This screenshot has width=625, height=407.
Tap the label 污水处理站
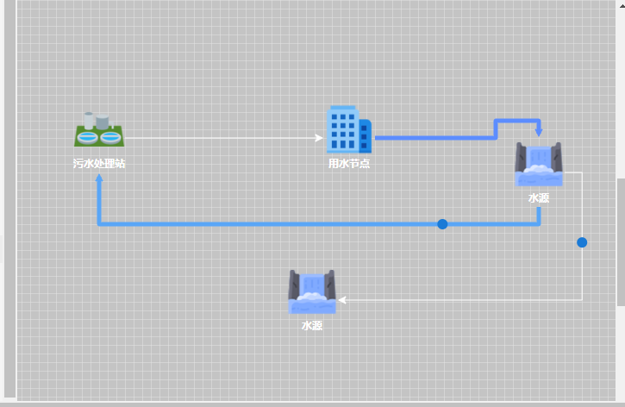pyautogui.click(x=98, y=163)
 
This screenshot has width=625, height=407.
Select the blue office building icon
pyautogui.click(x=347, y=129)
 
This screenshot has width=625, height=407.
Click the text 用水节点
pyautogui.click(x=348, y=163)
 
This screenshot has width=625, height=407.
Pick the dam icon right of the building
pyautogui.click(x=539, y=164)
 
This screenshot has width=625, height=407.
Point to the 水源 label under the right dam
pyautogui.click(x=539, y=197)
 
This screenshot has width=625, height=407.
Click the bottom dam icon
pyautogui.click(x=311, y=292)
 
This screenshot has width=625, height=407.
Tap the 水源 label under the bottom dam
pyautogui.click(x=311, y=326)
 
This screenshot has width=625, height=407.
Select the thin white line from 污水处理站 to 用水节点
pyautogui.click(x=216, y=137)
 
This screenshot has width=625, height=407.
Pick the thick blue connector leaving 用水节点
pyautogui.click(x=431, y=137)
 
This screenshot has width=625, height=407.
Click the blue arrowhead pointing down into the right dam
pyautogui.click(x=539, y=132)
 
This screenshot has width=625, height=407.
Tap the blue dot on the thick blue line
pyautogui.click(x=442, y=224)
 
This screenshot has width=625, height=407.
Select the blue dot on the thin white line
pyautogui.click(x=582, y=242)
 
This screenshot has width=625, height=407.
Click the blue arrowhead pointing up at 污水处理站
pyautogui.click(x=99, y=178)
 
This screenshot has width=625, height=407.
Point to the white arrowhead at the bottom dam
pyautogui.click(x=342, y=300)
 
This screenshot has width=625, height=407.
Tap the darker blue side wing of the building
pyautogui.click(x=366, y=135)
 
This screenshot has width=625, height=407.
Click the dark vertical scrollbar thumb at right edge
pyautogui.click(x=621, y=241)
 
